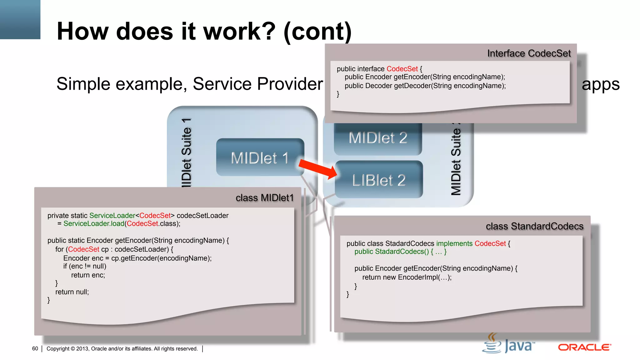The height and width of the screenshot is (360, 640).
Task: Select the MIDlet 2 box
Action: (377, 138)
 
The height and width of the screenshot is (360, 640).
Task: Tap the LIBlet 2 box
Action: (379, 180)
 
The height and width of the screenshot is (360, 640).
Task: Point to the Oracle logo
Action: (584, 347)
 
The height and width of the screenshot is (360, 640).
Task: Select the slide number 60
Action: (35, 349)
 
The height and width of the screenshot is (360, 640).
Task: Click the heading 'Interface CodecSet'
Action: (529, 53)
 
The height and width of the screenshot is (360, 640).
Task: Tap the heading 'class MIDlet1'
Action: (264, 198)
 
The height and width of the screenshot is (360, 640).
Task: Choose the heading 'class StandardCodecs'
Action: (534, 226)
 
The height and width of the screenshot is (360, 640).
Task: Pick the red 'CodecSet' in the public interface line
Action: (402, 69)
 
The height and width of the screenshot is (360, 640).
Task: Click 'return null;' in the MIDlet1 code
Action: (72, 292)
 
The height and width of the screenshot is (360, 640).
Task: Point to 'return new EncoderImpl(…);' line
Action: (407, 277)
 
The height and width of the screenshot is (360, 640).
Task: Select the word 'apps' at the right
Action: (600, 84)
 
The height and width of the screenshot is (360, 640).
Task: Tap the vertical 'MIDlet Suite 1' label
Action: (186, 153)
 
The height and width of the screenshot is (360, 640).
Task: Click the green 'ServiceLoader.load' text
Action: (94, 224)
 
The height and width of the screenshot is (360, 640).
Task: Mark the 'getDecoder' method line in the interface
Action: (425, 86)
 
